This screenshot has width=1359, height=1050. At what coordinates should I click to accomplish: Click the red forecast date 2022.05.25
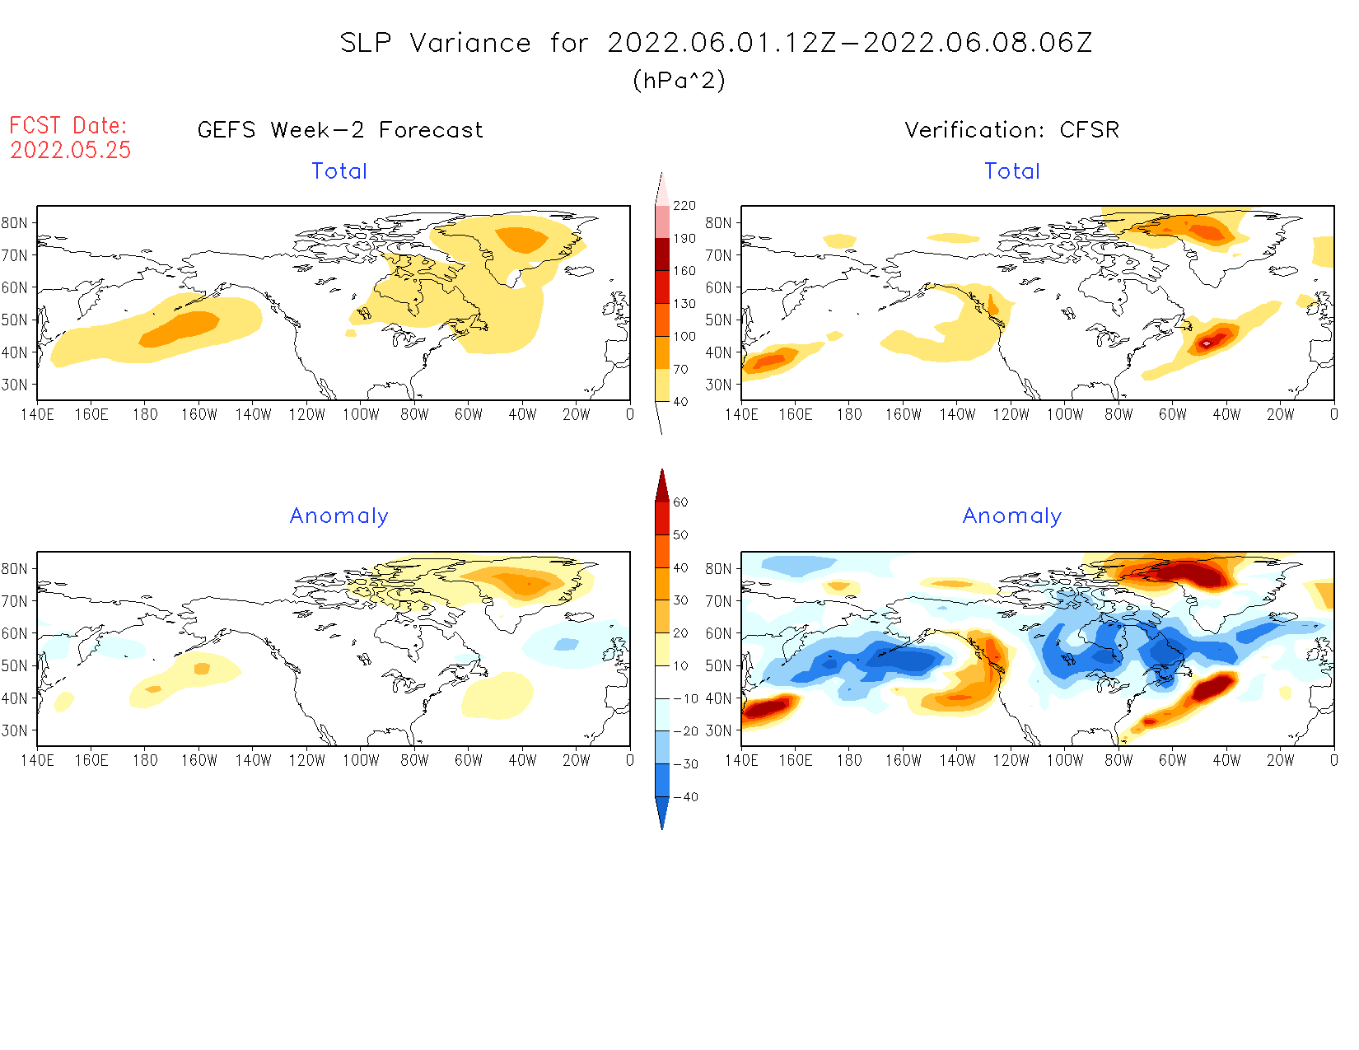(71, 150)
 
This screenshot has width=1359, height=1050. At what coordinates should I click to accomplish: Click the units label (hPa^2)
(679, 80)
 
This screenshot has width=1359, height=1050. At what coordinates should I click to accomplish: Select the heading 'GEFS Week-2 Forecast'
(340, 130)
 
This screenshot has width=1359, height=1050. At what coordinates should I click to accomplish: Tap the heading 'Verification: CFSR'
(1012, 130)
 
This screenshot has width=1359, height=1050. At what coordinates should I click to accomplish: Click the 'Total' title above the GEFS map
(339, 171)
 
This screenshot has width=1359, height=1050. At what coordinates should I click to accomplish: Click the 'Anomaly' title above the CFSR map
(1012, 516)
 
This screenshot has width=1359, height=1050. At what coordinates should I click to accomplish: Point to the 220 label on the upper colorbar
(684, 206)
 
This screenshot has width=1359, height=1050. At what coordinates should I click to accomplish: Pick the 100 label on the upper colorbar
(684, 337)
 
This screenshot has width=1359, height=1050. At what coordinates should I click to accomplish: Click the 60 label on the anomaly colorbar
(680, 502)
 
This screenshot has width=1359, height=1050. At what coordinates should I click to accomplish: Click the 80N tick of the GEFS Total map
(15, 222)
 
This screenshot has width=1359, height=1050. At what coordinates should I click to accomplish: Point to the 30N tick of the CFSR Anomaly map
(718, 730)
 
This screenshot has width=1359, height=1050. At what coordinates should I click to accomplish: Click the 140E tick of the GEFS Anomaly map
(37, 760)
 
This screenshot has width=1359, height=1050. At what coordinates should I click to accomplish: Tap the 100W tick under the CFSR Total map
(1065, 414)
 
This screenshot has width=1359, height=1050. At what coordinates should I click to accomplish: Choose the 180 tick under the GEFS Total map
(145, 414)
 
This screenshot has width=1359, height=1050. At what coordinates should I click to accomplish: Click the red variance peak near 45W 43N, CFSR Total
(1207, 342)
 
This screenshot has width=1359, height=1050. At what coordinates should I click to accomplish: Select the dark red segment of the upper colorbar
(662, 254)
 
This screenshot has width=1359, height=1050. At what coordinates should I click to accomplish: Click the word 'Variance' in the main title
(470, 43)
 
